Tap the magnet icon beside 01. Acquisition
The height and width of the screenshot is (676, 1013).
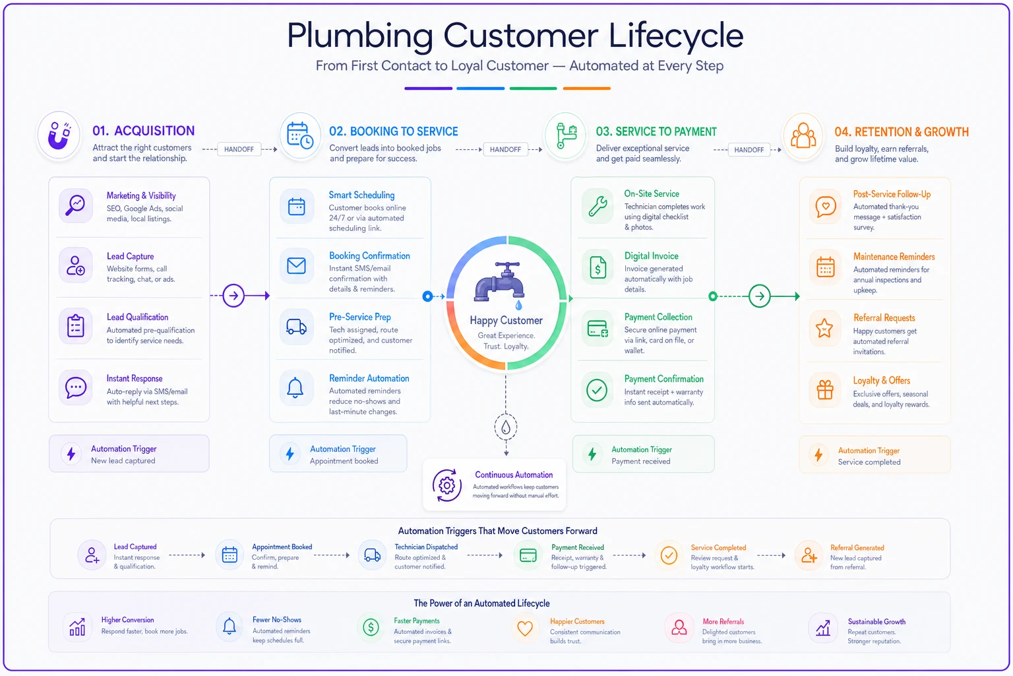[59, 135]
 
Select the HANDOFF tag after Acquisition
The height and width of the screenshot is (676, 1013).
[239, 149]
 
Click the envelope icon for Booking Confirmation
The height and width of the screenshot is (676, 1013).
[296, 265]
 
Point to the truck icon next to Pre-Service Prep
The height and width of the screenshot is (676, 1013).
[296, 327]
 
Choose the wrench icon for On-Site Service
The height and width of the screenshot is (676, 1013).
[598, 207]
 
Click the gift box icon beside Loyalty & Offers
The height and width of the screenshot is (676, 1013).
[825, 389]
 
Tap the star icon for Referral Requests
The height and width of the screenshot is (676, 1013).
[824, 328]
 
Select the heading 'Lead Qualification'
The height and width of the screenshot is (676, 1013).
[137, 317]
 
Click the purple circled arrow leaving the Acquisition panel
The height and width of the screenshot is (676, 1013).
[233, 296]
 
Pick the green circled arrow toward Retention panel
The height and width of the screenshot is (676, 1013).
[759, 296]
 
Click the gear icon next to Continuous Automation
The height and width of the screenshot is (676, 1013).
[446, 485]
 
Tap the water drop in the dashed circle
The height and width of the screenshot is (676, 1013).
[506, 427]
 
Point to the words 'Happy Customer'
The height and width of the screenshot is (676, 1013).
[506, 321]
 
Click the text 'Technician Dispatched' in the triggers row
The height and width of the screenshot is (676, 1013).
[426, 547]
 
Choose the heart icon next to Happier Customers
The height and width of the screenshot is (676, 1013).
[524, 628]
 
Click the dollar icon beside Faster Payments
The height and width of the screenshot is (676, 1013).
[371, 627]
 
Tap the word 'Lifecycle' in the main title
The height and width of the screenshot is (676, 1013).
[675, 35]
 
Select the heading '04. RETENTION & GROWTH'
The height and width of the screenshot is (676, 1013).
[902, 132]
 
